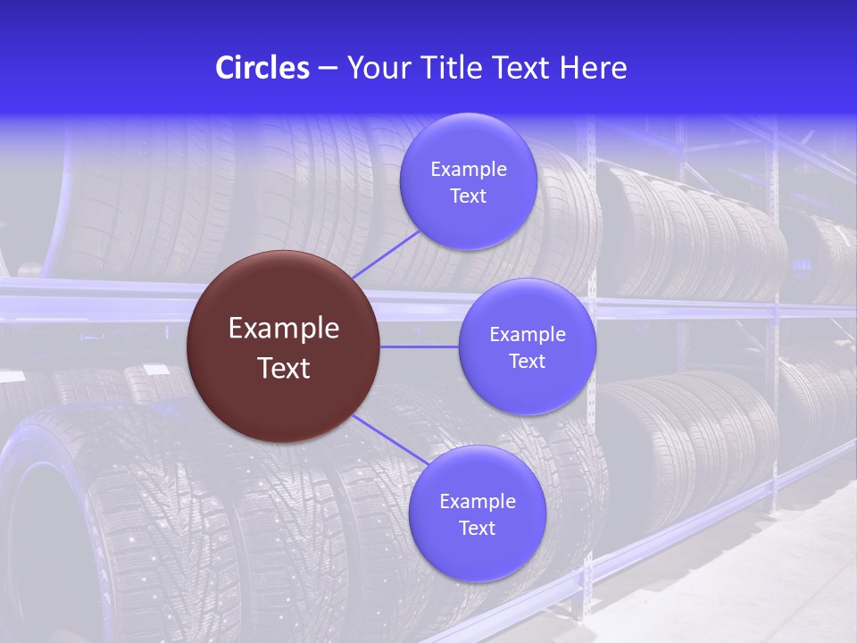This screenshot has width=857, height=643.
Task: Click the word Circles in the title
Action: pos(262,68)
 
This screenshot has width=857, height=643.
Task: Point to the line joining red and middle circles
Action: pos(420,347)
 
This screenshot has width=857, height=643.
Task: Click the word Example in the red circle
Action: pos(284,329)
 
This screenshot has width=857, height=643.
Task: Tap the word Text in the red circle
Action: pos(284,368)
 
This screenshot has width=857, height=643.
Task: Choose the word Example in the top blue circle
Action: pos(469,170)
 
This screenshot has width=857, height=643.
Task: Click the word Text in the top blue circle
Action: pos(469,196)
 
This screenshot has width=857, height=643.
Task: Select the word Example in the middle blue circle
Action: pos(528,335)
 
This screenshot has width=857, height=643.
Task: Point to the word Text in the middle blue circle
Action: pos(528,362)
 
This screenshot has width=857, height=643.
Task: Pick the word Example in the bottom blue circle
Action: pos(478,502)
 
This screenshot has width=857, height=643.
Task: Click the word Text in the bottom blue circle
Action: pos(478,529)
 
